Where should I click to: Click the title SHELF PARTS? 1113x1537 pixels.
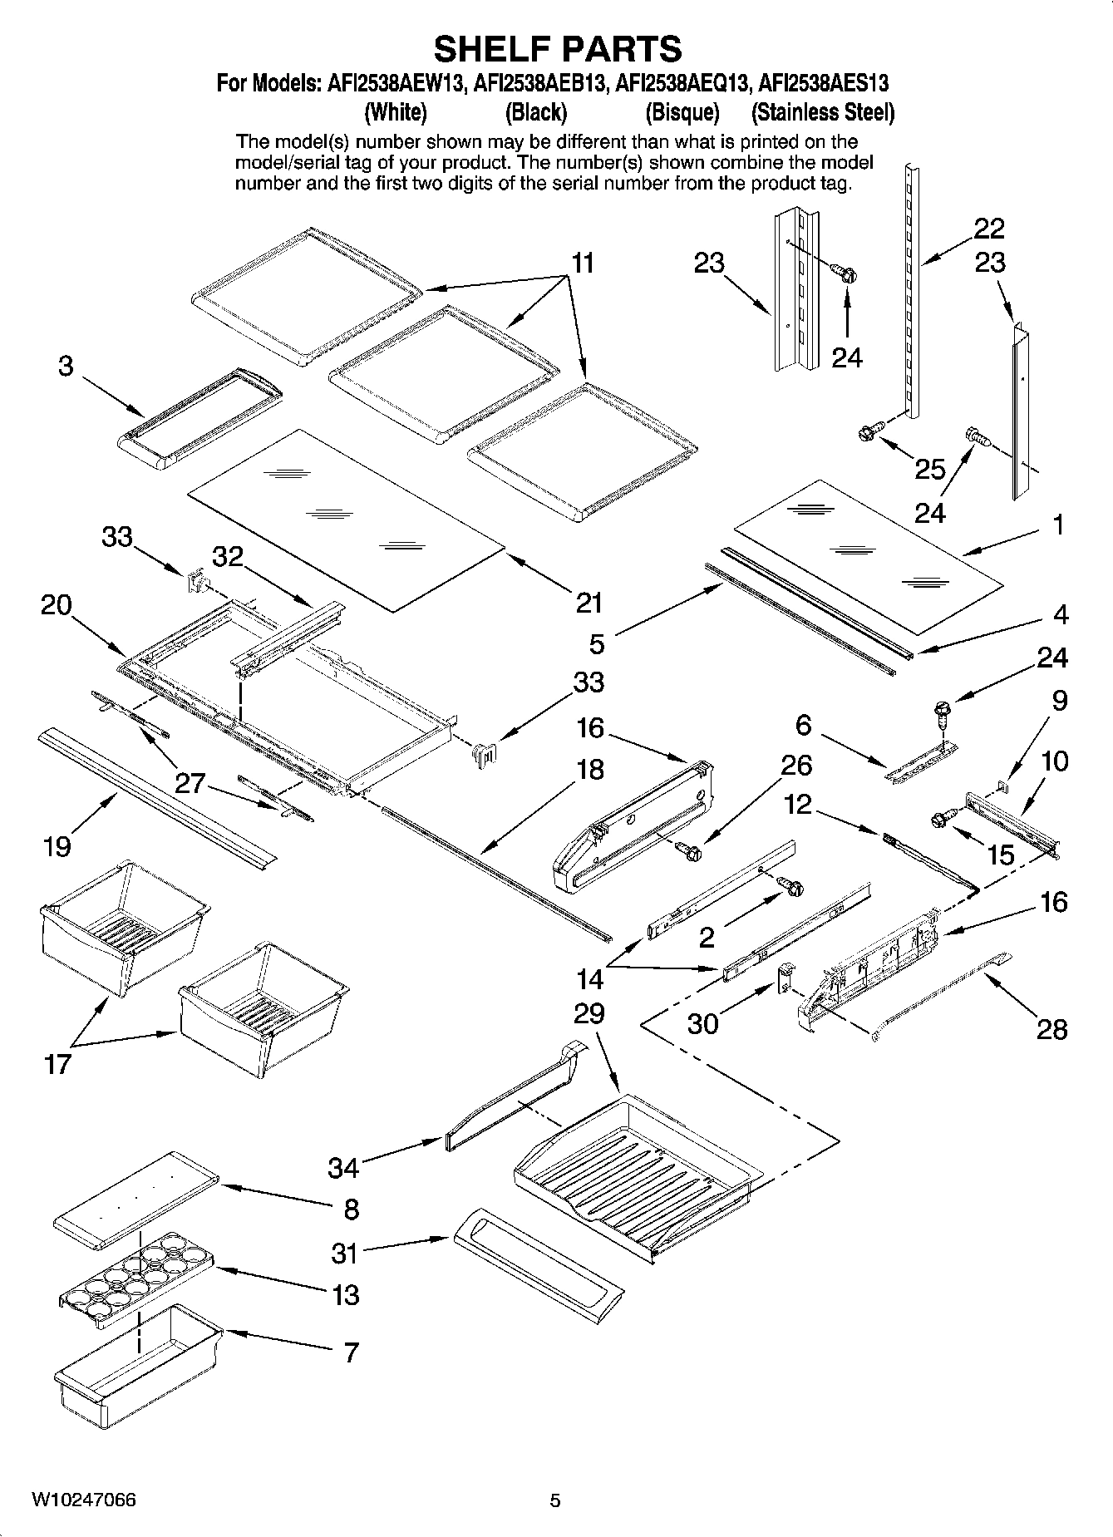(557, 49)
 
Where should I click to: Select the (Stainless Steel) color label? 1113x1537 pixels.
(822, 112)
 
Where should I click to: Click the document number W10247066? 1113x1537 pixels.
(84, 1500)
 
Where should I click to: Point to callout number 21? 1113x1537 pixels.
(589, 602)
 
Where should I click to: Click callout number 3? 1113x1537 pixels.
(66, 366)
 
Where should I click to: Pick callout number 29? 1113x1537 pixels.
(589, 1013)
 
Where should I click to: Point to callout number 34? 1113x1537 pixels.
(342, 1168)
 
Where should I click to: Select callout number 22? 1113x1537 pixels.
(989, 228)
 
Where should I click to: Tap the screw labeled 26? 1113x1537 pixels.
(689, 850)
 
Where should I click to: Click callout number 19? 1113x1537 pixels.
(57, 846)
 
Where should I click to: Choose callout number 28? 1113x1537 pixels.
(1052, 1029)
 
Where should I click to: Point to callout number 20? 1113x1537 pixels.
(56, 605)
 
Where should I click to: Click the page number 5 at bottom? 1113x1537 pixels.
(555, 1500)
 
